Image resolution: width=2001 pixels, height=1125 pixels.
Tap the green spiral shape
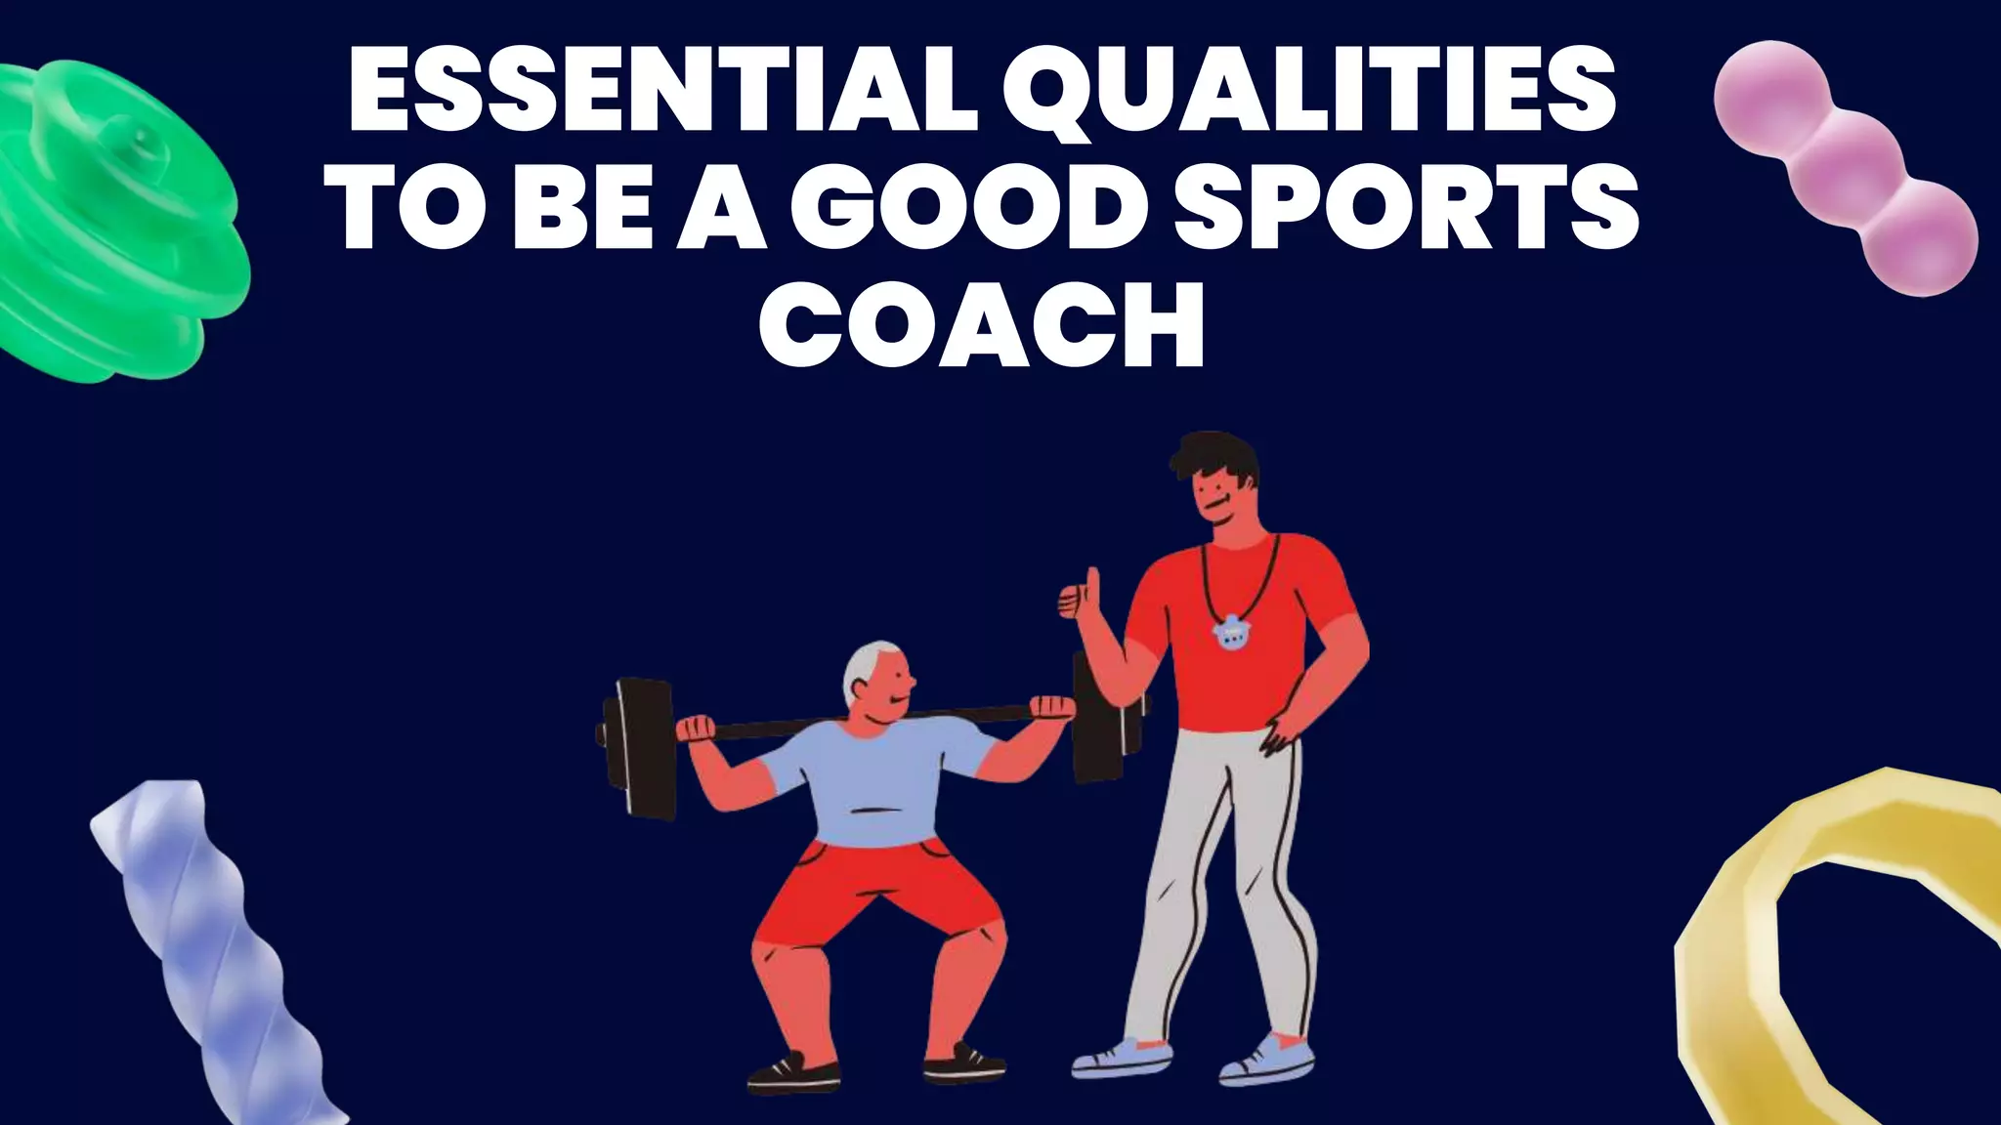point(107,225)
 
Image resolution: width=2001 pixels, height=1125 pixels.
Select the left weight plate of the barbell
point(640,747)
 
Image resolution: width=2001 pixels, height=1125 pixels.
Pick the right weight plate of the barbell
point(1099,718)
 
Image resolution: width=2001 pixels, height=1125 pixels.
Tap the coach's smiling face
point(1221,498)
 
